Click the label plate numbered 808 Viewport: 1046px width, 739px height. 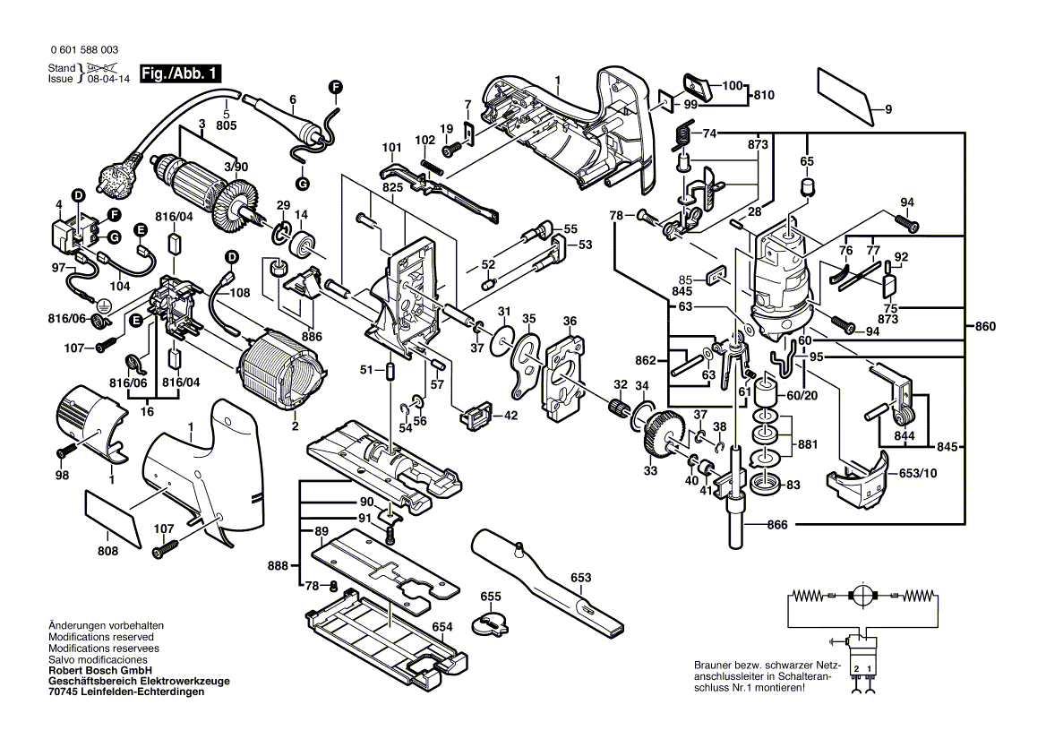pos(112,518)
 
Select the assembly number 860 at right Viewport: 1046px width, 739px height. pos(985,327)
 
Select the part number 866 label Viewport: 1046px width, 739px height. pos(777,524)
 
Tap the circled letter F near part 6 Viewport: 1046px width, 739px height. pos(335,86)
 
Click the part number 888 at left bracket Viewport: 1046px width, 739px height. pos(279,565)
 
